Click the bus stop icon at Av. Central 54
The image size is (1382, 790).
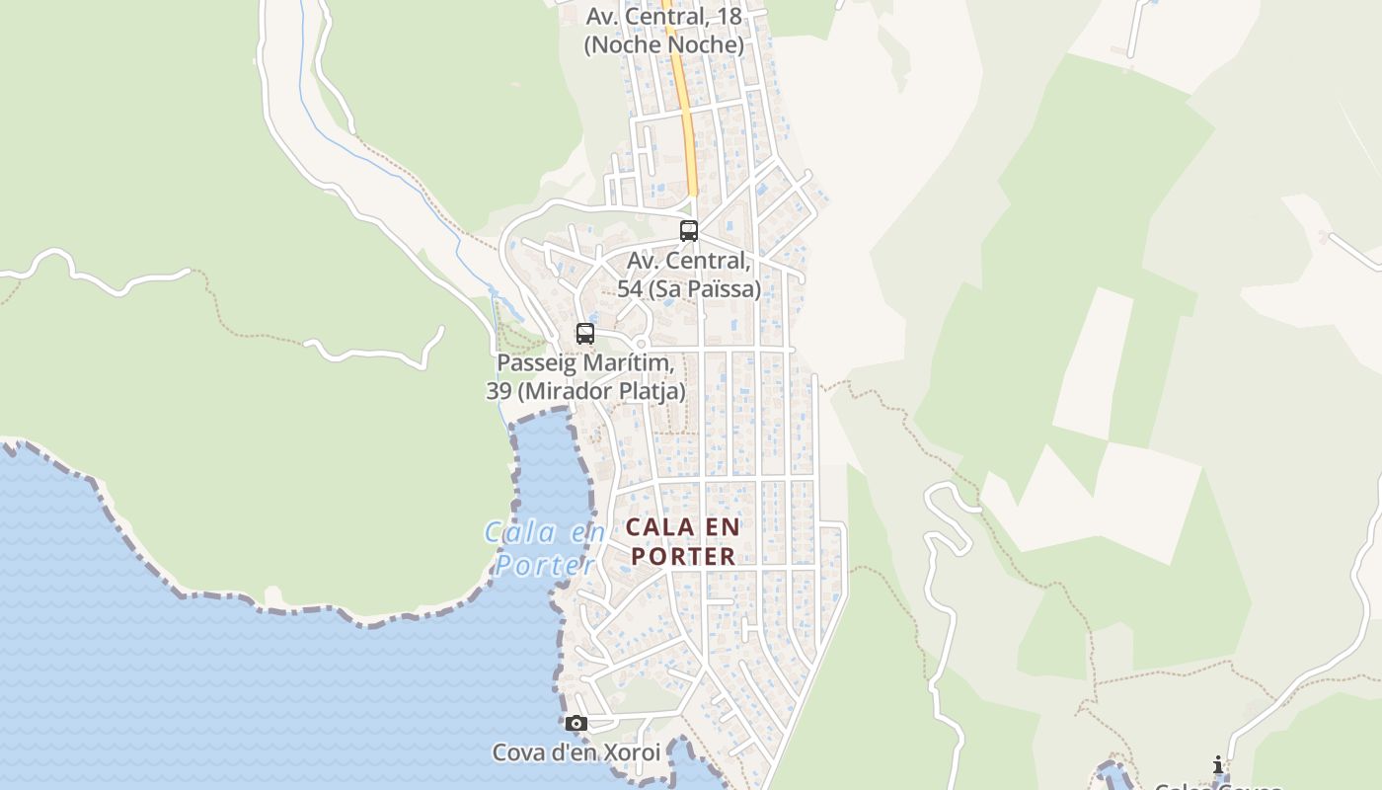click(x=689, y=231)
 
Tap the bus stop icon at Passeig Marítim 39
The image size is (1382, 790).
click(x=585, y=334)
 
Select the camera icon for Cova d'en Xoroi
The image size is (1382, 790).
click(x=576, y=724)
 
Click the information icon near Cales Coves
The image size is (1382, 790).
click(x=1218, y=765)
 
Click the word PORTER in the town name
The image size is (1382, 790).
click(x=684, y=557)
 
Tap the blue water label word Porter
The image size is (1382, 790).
click(x=545, y=565)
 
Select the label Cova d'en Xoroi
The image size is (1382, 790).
click(x=576, y=752)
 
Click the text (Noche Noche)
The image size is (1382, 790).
click(x=663, y=44)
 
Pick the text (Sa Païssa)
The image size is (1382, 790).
click(x=703, y=289)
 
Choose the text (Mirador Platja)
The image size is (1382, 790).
click(x=602, y=391)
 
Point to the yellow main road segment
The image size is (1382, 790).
click(x=684, y=109)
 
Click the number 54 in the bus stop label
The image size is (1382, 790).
click(x=630, y=289)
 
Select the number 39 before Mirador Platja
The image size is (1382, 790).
click(x=499, y=391)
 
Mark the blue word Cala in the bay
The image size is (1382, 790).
click(x=517, y=533)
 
